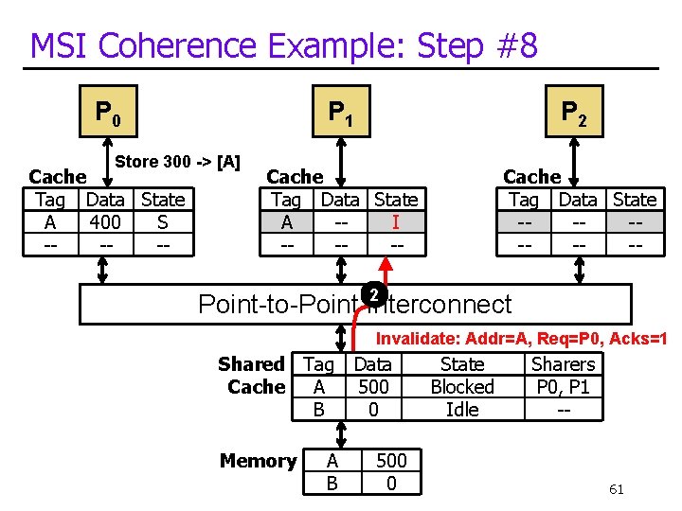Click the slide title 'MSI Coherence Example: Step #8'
click(284, 44)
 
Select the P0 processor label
click(107, 113)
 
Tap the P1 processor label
click(341, 113)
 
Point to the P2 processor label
click(574, 113)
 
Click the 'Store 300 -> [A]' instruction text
click(177, 162)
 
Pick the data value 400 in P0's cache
click(105, 222)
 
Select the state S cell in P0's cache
click(163, 222)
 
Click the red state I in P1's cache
click(395, 222)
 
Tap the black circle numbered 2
click(375, 295)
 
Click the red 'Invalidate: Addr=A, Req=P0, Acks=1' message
click(522, 339)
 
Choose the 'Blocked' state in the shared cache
click(462, 386)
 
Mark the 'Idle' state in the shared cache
click(462, 409)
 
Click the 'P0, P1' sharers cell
click(563, 386)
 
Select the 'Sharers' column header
click(563, 364)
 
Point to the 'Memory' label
click(258, 461)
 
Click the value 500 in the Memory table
click(391, 461)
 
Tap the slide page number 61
click(616, 489)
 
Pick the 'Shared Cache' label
click(252, 375)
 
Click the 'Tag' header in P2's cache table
click(523, 200)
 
